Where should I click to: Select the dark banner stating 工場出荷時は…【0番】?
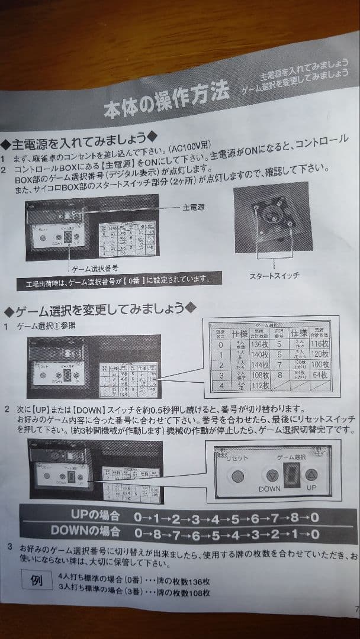pyautogui.click(x=118, y=280)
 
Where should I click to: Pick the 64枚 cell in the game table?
pyautogui.click(x=320, y=376)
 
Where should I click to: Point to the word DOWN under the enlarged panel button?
pyautogui.click(x=269, y=489)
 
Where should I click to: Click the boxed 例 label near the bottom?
pyautogui.click(x=36, y=580)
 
